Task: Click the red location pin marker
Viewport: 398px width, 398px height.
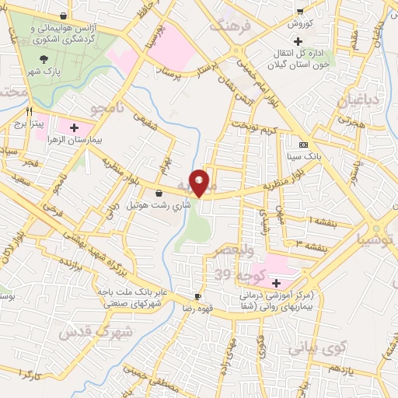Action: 200,182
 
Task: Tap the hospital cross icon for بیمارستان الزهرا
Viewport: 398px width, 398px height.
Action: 74,127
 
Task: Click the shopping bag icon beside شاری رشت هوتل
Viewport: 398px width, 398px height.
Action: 159,193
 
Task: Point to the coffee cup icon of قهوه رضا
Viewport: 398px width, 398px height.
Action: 197,297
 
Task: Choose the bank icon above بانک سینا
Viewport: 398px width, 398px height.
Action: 302,145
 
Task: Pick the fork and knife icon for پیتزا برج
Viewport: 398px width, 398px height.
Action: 30,111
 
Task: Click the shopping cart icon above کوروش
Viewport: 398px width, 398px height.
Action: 300,12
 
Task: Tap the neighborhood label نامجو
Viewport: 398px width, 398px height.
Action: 107,108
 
